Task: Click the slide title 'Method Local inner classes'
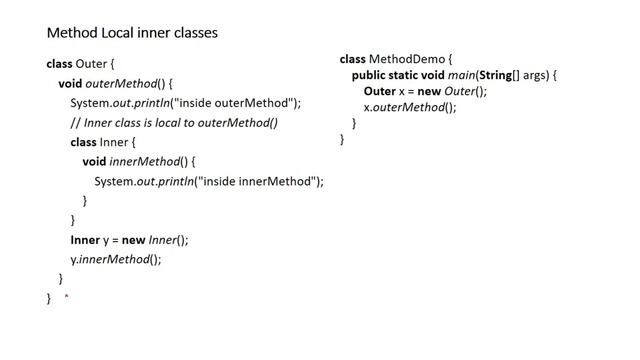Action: point(132,33)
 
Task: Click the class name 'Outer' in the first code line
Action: point(91,64)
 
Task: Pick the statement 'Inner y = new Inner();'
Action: point(129,240)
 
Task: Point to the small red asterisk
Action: point(66,297)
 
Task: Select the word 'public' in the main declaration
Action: point(370,76)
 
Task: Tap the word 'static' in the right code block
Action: point(411,76)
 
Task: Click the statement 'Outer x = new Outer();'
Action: point(425,92)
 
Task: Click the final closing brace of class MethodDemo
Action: point(342,140)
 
